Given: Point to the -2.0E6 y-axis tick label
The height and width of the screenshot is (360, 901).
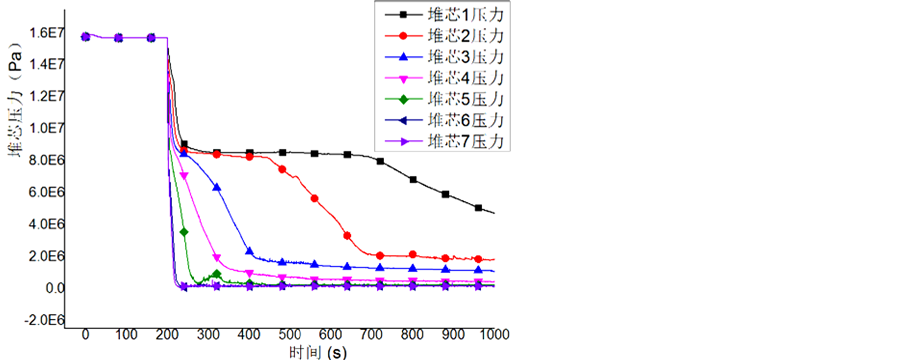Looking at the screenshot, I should tap(44, 320).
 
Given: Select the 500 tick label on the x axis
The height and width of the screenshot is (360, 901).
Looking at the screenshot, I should tap(290, 335).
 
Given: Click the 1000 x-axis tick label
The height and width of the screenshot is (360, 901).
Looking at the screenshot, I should tap(494, 335).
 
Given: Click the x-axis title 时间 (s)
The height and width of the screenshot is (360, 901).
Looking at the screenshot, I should tap(317, 352).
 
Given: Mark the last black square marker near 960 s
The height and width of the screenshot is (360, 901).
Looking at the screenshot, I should tap(478, 208).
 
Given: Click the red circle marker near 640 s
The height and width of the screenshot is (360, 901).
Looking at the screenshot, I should tap(347, 236).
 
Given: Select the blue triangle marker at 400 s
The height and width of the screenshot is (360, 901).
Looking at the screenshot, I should tap(249, 251).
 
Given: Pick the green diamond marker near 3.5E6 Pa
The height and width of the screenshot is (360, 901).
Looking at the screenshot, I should tap(184, 232).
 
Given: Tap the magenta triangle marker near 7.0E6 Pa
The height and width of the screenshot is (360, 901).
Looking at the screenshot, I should tap(184, 176).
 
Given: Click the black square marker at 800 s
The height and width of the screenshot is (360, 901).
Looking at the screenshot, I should tap(413, 179).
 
